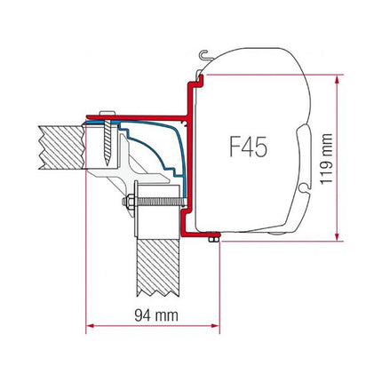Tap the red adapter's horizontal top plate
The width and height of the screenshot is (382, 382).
click(142, 115)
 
